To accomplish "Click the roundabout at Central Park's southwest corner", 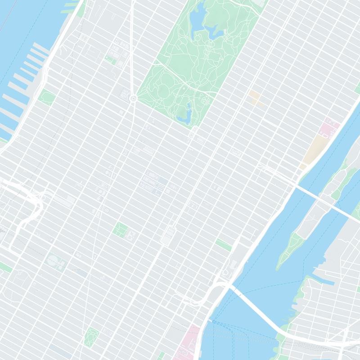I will [x=133, y=98].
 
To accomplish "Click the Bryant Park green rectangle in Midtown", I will [x=120, y=229].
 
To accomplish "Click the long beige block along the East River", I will [x=314, y=150].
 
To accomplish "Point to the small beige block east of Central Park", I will [x=255, y=97].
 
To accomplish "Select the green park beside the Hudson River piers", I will [x=46, y=97].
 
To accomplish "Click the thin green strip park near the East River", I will [x=224, y=245].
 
